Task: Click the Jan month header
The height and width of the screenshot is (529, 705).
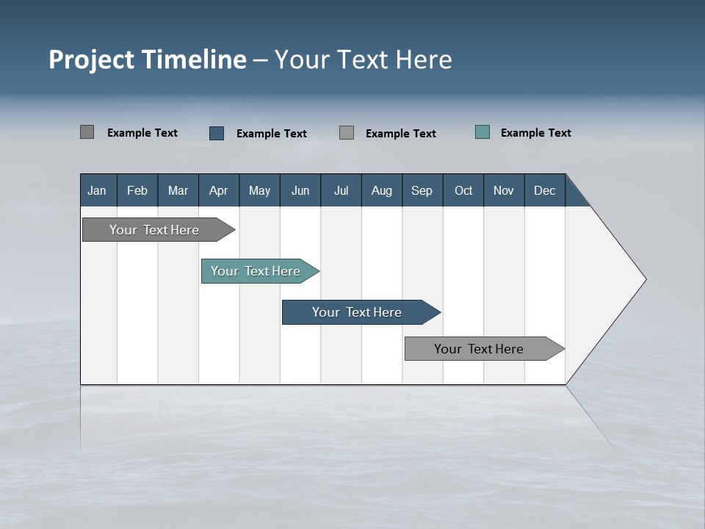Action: tap(97, 190)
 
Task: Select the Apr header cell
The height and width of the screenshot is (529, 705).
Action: tap(218, 190)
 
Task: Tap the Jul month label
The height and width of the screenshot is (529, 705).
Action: tap(341, 190)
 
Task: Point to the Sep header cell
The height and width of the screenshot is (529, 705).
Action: tap(422, 190)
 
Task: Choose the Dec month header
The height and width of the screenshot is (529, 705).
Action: tap(544, 190)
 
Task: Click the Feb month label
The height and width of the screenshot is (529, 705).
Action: tap(137, 190)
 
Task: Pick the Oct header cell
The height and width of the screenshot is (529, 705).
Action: tap(463, 190)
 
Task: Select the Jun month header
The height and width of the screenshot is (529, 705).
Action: tap(300, 190)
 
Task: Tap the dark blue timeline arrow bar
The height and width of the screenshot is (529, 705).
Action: tap(358, 312)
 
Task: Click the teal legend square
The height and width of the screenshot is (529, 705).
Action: tap(482, 132)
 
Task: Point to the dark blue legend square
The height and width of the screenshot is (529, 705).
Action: tap(217, 133)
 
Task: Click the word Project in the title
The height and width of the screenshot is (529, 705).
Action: tap(92, 60)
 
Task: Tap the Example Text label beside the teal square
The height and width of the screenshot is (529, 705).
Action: tap(535, 133)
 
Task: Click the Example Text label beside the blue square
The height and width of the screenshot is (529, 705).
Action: tap(271, 134)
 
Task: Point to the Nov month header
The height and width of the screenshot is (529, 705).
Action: tap(504, 190)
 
